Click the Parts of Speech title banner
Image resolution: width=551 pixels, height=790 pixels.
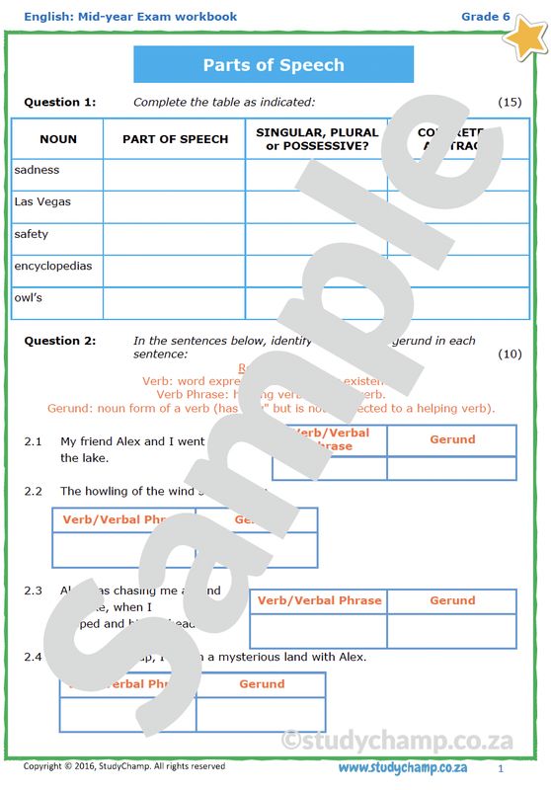274,65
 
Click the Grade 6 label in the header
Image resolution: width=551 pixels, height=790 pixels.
486,17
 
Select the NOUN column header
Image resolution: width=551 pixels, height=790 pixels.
57,139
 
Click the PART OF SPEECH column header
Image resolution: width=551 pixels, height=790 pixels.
175,139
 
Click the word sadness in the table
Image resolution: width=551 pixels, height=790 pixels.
37,170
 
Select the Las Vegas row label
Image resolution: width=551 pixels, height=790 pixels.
42,202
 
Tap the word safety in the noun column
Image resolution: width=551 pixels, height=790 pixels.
32,235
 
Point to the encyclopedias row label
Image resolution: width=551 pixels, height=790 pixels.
53,267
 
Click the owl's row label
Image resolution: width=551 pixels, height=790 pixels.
29,298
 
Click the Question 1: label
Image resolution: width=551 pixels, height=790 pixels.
60,102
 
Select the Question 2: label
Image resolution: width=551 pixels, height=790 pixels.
60,341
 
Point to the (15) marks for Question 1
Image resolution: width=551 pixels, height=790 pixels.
510,102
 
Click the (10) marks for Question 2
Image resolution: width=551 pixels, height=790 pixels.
510,354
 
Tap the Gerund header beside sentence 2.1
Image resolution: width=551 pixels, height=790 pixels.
452,439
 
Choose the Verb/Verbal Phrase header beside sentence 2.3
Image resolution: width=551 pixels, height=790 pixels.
319,600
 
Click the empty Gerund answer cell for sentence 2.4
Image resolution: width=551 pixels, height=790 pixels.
261,713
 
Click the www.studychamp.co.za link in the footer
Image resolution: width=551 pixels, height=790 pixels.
403,768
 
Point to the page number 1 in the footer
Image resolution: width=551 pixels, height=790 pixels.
501,768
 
